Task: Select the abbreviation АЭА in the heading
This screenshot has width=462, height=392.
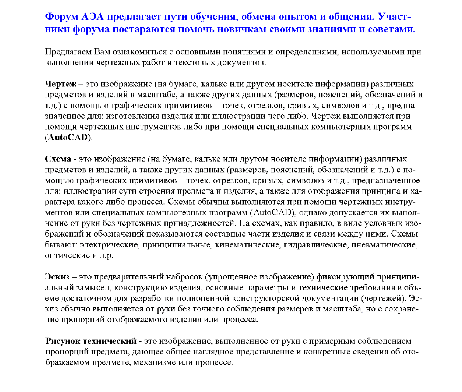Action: [x=93, y=17]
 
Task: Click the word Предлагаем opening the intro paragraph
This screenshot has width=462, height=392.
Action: [x=68, y=52]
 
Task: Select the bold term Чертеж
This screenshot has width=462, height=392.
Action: [x=61, y=84]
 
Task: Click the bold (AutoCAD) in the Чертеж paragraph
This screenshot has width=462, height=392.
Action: [x=68, y=138]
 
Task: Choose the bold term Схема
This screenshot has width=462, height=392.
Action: [x=58, y=159]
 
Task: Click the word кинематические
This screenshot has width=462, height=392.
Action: [x=248, y=245]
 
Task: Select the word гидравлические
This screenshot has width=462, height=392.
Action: [x=316, y=245]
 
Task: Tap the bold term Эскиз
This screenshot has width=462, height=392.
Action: [x=57, y=277]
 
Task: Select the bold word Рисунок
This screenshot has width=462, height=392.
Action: [x=63, y=341]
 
